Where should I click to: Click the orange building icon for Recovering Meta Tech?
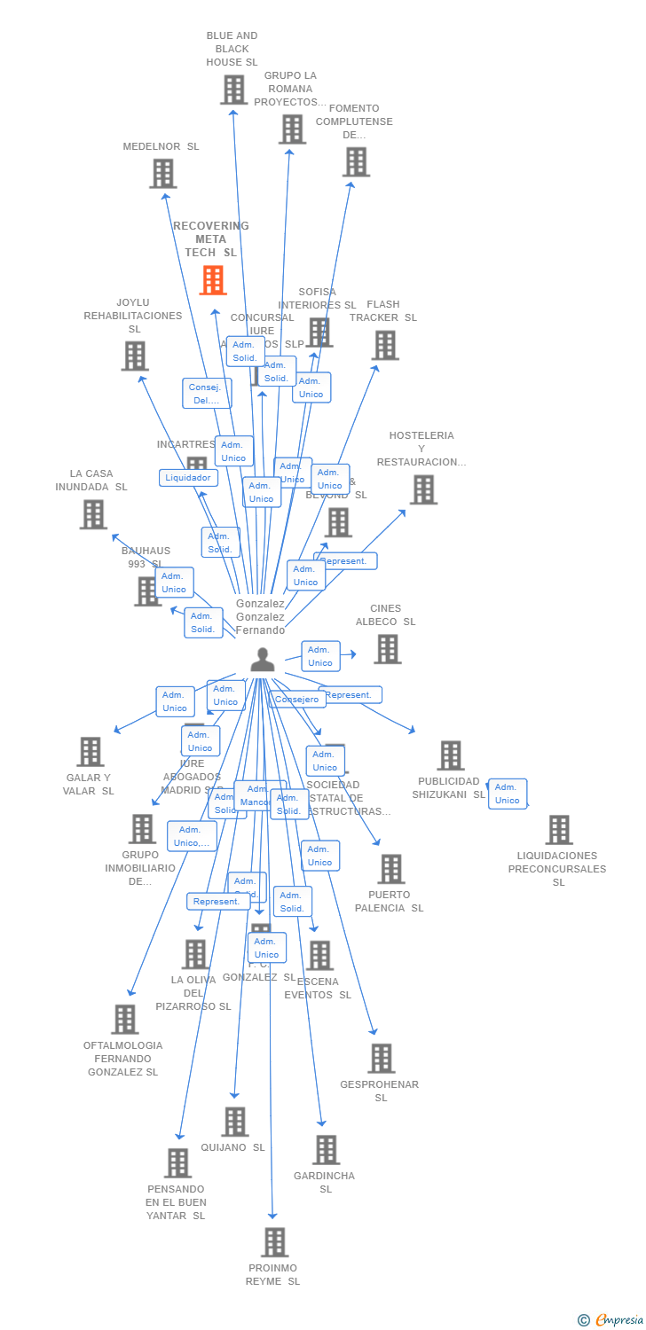[x=213, y=280]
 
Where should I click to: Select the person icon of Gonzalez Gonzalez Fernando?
[x=263, y=661]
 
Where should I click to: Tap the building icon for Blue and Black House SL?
[x=233, y=90]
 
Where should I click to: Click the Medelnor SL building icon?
[x=162, y=174]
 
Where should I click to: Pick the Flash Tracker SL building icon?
[x=385, y=346]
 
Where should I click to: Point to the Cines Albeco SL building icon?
[x=387, y=649]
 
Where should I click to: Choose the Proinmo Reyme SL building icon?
[x=275, y=1242]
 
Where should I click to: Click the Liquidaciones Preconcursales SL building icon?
[x=559, y=830]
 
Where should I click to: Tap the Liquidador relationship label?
[x=188, y=478]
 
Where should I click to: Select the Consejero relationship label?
[x=296, y=700]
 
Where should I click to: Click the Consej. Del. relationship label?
[x=207, y=394]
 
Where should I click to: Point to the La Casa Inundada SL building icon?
[x=93, y=514]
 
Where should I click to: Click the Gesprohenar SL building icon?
[x=382, y=1058]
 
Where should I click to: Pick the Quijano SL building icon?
[x=235, y=1122]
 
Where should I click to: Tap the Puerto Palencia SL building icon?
[x=391, y=869]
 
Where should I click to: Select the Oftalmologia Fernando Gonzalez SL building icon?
[x=125, y=1020]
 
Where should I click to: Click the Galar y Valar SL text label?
[x=89, y=784]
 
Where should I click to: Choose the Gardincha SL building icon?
[x=327, y=1150]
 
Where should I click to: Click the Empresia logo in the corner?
[x=613, y=1320]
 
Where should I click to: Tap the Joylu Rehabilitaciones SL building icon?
[x=135, y=356]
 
